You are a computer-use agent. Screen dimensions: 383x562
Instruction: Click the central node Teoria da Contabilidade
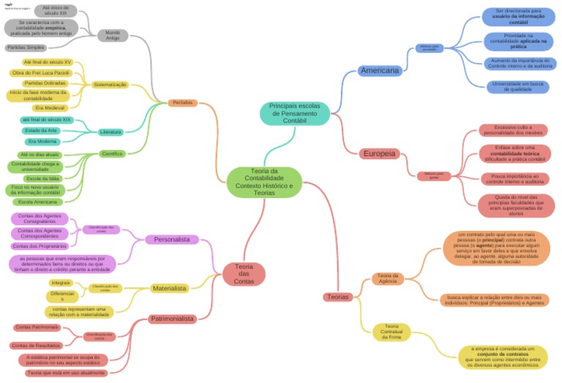[263, 182]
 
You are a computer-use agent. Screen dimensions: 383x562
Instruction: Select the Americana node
[380, 71]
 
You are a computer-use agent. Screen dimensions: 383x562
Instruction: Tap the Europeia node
[379, 153]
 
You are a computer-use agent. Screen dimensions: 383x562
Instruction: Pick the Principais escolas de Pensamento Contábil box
[294, 113]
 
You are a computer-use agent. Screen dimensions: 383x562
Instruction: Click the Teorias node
[338, 297]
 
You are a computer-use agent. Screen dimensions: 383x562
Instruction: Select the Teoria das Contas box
[244, 274]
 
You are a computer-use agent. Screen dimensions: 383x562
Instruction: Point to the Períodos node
[182, 103]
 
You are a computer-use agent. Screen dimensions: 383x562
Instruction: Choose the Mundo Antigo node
[113, 34]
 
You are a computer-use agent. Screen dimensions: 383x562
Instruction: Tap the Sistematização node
[110, 85]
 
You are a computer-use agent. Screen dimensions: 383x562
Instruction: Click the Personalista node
[172, 239]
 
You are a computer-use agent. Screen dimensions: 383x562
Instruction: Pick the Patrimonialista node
[172, 319]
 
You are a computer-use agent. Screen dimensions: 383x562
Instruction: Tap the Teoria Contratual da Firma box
[391, 332]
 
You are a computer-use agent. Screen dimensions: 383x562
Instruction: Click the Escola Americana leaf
[37, 201]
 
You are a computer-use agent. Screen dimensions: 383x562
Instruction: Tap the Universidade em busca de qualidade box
[518, 87]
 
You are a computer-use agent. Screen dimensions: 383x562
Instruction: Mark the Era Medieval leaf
[50, 108]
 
